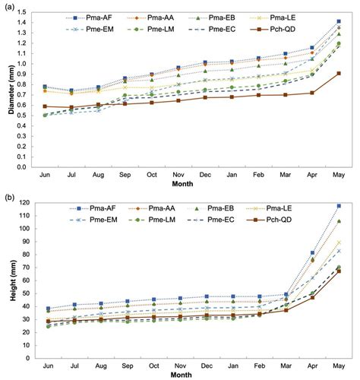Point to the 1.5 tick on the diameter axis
point(30,13)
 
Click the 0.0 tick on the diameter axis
point(30,167)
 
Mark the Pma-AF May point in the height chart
point(338,206)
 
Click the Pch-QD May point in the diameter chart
point(338,74)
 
